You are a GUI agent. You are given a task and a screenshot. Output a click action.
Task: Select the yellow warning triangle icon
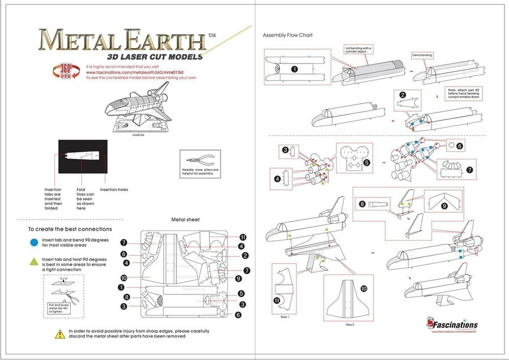(x=59, y=333)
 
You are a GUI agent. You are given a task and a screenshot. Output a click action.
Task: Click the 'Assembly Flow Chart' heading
(x=287, y=35)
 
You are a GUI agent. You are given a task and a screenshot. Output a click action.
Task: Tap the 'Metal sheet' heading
(x=185, y=220)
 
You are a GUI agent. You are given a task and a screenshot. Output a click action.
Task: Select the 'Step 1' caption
(x=284, y=317)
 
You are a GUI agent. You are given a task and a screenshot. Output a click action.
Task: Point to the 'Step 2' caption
(x=350, y=325)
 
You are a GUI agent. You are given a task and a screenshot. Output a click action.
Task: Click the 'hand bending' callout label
(x=422, y=55)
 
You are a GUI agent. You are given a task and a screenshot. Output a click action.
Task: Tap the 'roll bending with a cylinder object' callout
(x=358, y=50)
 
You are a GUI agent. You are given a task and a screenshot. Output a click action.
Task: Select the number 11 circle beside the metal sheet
(x=243, y=237)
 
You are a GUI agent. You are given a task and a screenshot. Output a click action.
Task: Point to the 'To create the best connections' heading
(x=70, y=229)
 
